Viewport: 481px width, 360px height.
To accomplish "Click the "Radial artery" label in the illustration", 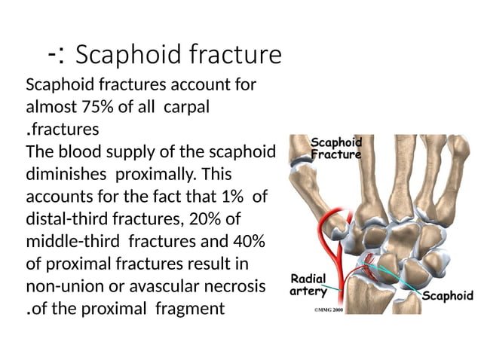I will (x=308, y=284).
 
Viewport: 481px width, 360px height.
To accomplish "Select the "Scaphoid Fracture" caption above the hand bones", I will (x=336, y=148).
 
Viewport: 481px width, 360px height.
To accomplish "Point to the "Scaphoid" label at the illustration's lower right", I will (x=447, y=295).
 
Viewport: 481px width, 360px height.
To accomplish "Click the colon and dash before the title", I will (x=55, y=55).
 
